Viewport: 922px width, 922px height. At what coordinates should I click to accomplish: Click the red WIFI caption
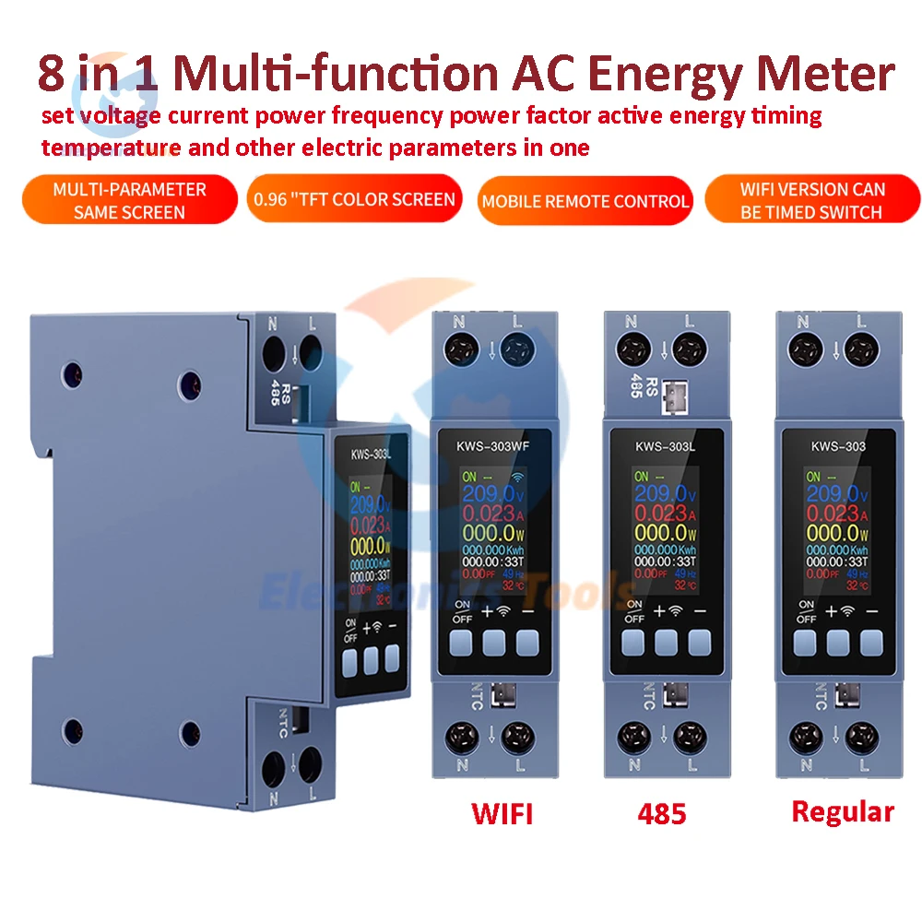click(x=502, y=814)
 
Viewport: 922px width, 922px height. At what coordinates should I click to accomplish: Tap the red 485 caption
click(x=661, y=815)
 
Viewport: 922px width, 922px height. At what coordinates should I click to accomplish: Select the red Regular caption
click(x=843, y=811)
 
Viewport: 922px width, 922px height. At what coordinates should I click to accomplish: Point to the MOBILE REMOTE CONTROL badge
click(x=585, y=201)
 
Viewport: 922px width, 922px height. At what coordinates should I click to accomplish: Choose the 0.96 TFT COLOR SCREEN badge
click(x=353, y=199)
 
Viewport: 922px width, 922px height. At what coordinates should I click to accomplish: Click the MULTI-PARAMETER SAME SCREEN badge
click(x=129, y=200)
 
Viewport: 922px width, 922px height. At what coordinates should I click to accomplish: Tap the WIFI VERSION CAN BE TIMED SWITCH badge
click(x=812, y=200)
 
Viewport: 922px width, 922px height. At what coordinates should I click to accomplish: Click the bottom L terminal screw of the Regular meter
click(x=861, y=738)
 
